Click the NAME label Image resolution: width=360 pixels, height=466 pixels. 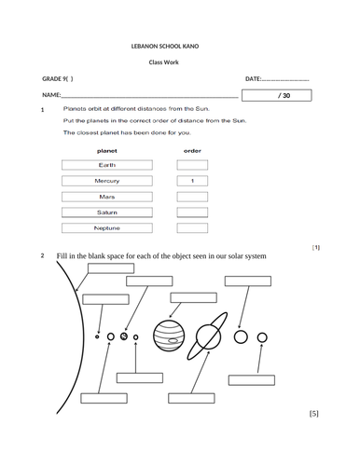coord(51,96)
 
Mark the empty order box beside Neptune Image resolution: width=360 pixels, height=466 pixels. coord(192,228)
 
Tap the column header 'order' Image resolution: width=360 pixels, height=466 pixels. coord(192,149)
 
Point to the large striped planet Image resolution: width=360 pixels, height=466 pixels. coord(168,336)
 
